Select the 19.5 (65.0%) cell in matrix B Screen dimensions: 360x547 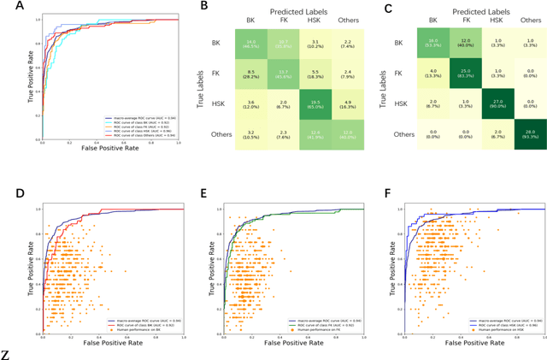point(301,99)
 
